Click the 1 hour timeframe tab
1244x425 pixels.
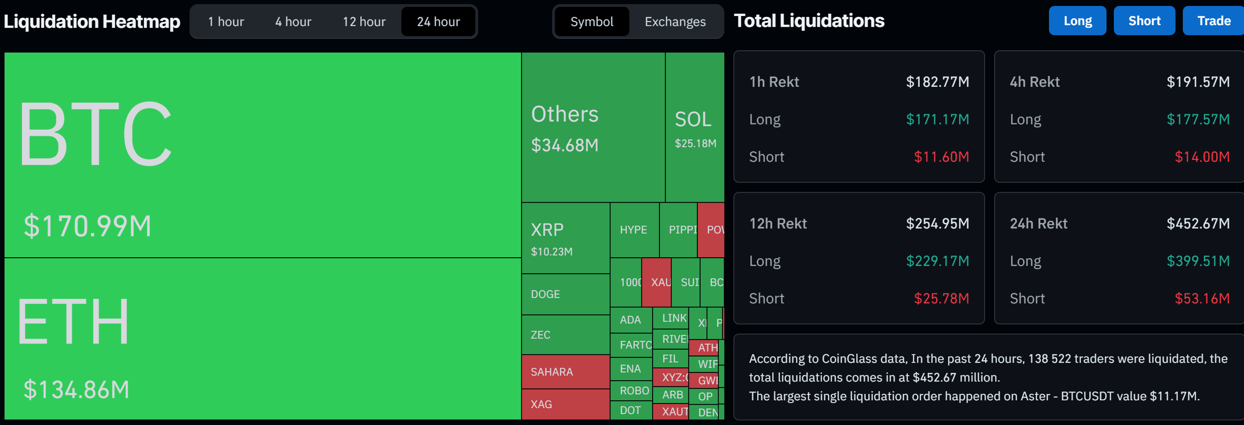click(226, 22)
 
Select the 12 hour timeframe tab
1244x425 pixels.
click(364, 22)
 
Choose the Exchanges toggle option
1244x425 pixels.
click(675, 22)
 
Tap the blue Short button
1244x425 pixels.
click(1144, 21)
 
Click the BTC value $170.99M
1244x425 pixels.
click(87, 226)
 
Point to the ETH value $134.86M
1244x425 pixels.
click(77, 390)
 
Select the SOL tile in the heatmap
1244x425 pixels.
click(694, 127)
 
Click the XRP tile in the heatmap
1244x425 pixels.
click(565, 238)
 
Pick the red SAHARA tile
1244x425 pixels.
click(565, 372)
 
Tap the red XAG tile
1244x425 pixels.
click(565, 404)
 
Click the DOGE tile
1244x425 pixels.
click(565, 294)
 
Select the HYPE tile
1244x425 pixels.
click(634, 230)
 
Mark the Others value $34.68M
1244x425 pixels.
click(565, 145)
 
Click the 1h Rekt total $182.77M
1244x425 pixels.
click(937, 82)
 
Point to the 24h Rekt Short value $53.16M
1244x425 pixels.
click(1202, 298)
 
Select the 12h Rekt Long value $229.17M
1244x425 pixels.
click(937, 261)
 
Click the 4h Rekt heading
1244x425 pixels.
click(1035, 82)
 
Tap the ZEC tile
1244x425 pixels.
click(565, 335)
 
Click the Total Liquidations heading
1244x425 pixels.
click(809, 21)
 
